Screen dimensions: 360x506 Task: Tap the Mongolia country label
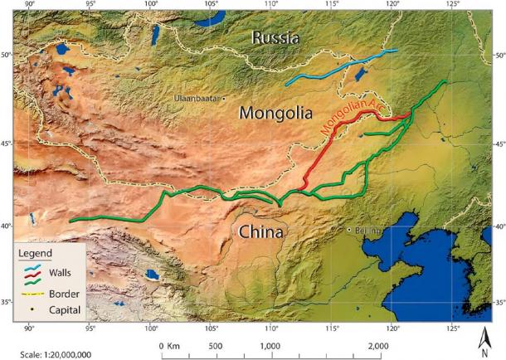275,112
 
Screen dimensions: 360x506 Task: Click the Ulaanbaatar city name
197,98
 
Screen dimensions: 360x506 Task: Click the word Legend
37,252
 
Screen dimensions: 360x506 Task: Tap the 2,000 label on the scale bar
377,345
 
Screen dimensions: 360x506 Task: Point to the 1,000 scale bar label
270,345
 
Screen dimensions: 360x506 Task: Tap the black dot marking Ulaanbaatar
224,98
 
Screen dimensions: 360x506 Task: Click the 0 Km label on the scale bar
168,345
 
